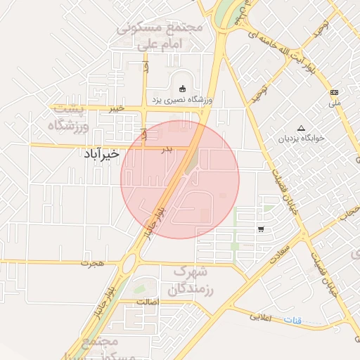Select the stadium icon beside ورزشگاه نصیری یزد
click(183, 89)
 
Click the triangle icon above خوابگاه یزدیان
click(302, 128)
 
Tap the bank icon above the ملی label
click(334, 92)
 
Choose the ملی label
click(334, 103)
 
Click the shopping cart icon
click(261, 229)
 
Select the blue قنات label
click(293, 321)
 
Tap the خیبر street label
click(116, 108)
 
